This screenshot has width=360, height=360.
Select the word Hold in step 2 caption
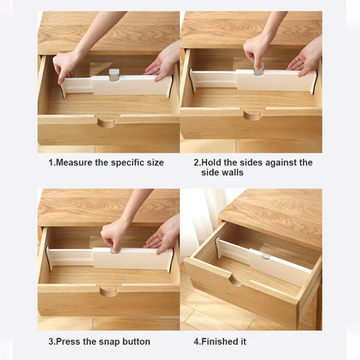(x=211, y=162)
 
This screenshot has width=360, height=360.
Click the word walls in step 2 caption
(x=233, y=172)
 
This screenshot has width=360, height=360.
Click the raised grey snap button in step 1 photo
(x=114, y=75)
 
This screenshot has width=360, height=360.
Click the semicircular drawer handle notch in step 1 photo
(x=106, y=122)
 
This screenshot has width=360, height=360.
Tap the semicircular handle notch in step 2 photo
(x=252, y=115)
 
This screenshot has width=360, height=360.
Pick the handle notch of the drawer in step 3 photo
(x=108, y=291)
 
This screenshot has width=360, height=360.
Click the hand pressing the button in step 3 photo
(x=112, y=237)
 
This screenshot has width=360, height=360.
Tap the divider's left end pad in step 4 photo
(x=217, y=248)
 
